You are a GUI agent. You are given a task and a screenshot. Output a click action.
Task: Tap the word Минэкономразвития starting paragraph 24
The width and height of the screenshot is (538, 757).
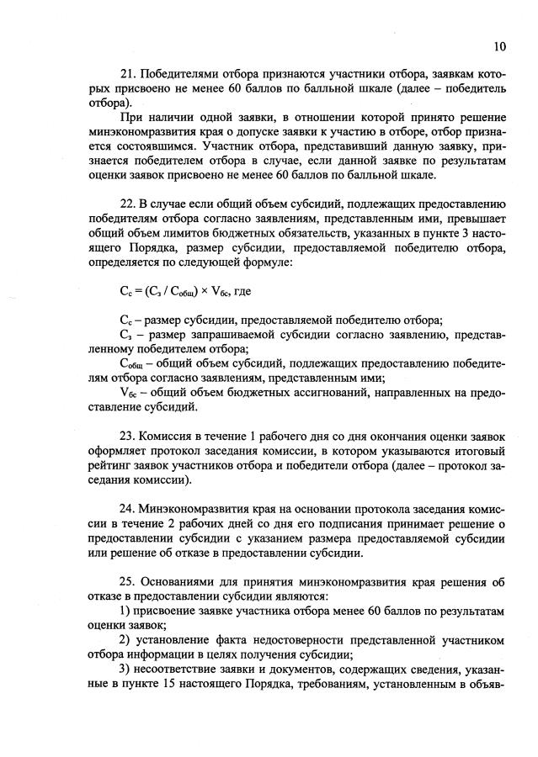point(195,510)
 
